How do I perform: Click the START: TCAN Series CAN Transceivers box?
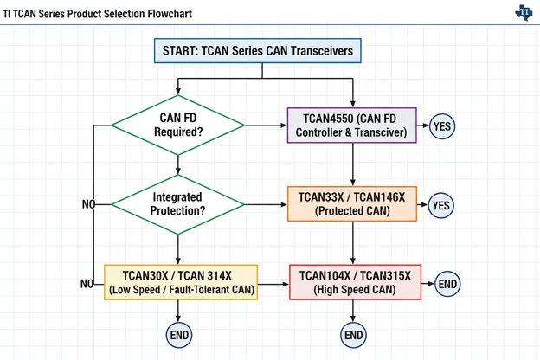(257, 51)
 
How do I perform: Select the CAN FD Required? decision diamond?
(177, 125)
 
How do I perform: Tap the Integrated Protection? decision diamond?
(177, 204)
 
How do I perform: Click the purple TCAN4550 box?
(352, 125)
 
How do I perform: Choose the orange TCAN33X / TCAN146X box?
(352, 204)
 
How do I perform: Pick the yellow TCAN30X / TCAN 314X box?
(182, 283)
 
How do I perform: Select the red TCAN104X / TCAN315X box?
(355, 283)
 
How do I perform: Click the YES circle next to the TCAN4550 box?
(441, 125)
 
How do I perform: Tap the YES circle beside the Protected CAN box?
(441, 205)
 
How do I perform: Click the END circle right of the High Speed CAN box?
(447, 283)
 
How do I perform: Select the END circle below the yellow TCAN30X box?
(178, 335)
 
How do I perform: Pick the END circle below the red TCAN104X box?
(354, 335)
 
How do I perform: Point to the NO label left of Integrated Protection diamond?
(87, 204)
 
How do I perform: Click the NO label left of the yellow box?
(87, 283)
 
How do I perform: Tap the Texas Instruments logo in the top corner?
(524, 12)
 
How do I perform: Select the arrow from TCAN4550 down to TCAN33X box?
(353, 164)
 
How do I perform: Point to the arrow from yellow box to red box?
(274, 283)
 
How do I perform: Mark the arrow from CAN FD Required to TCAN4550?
(266, 125)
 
